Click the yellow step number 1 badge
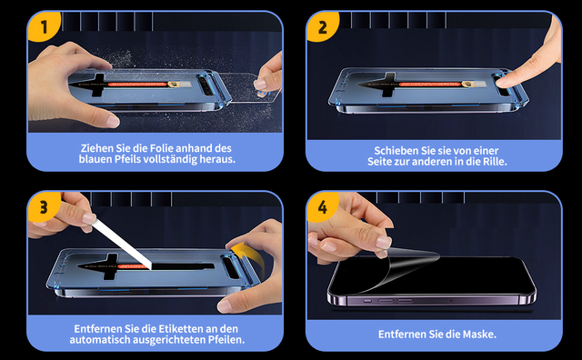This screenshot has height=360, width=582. point(44,25)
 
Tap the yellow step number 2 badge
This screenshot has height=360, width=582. point(322,25)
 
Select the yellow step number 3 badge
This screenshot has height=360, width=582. point(44,205)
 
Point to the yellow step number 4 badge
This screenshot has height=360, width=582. point(322,205)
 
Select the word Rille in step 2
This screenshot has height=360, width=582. point(494,162)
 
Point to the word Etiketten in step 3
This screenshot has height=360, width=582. point(181,329)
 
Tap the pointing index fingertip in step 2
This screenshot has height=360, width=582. point(503,81)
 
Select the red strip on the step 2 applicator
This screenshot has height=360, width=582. point(430,85)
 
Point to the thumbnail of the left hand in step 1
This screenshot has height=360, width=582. point(112,121)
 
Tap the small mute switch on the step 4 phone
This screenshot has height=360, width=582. point(366,301)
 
